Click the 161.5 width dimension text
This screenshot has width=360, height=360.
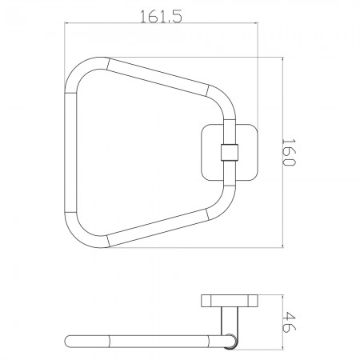tap(161, 16)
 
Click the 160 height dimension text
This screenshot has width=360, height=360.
tap(289, 152)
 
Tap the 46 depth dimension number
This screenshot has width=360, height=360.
tap(289, 322)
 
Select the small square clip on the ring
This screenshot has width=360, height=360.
tap(229, 153)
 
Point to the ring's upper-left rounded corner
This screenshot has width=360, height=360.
tap(78, 70)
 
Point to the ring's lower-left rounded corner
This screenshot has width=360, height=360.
tap(78, 234)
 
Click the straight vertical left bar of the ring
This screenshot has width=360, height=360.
tap(70, 153)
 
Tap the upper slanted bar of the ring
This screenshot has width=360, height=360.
tap(158, 78)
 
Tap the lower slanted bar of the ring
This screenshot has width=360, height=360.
tap(158, 227)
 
